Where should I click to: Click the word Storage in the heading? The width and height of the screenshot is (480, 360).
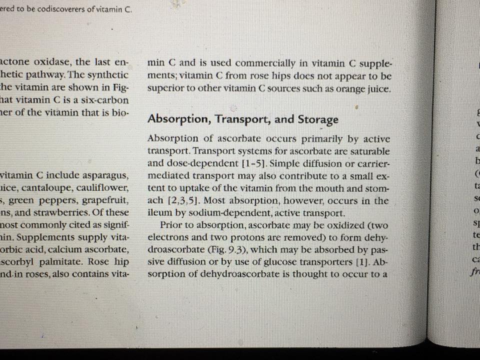coord(318,119)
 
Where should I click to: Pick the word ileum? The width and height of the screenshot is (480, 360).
coord(159,213)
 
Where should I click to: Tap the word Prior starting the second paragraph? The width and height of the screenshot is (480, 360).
coord(171,225)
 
